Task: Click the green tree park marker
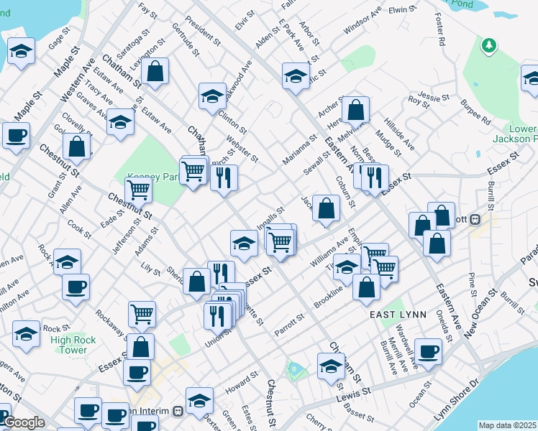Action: (x=489, y=46)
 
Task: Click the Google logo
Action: (x=23, y=423)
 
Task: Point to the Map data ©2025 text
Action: (x=507, y=425)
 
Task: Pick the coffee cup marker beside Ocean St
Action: (x=429, y=352)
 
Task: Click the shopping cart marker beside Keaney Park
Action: (x=137, y=190)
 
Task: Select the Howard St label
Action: (x=240, y=381)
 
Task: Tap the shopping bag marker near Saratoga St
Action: (x=155, y=70)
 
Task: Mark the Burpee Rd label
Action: (x=475, y=114)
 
